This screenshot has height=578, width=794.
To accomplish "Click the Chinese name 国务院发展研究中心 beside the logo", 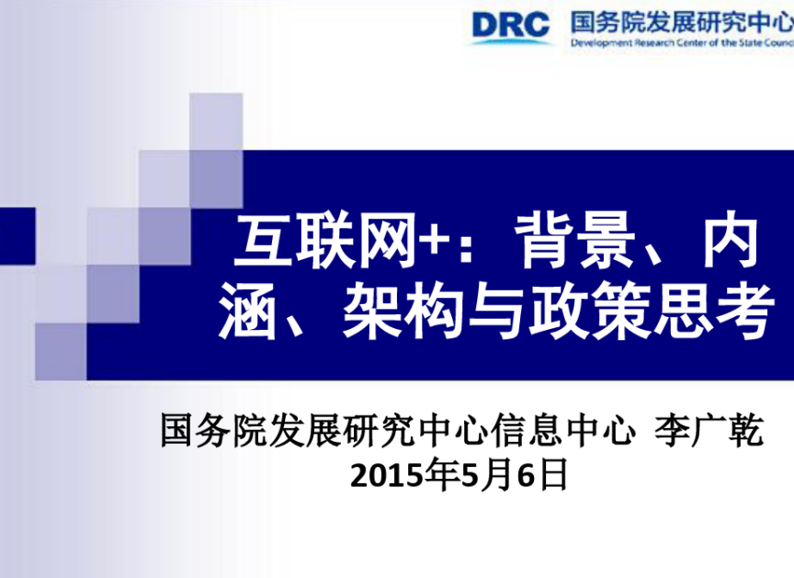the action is [x=682, y=22].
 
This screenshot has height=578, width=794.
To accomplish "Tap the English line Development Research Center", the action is [x=682, y=43].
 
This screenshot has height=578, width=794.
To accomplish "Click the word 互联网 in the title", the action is [x=326, y=241].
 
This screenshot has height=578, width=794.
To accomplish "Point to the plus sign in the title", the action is [x=436, y=242].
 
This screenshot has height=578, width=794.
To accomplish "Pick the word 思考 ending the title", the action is [x=714, y=311].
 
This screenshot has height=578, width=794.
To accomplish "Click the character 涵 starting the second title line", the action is [x=248, y=311].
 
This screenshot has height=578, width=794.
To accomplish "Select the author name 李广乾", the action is [x=709, y=430].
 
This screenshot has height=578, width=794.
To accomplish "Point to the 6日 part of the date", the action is [x=542, y=476].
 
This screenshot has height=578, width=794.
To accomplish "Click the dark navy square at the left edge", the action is [x=17, y=236].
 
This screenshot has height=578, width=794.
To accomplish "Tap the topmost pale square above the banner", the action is [x=216, y=121].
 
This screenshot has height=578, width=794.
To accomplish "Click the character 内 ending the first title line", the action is [x=731, y=241].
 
